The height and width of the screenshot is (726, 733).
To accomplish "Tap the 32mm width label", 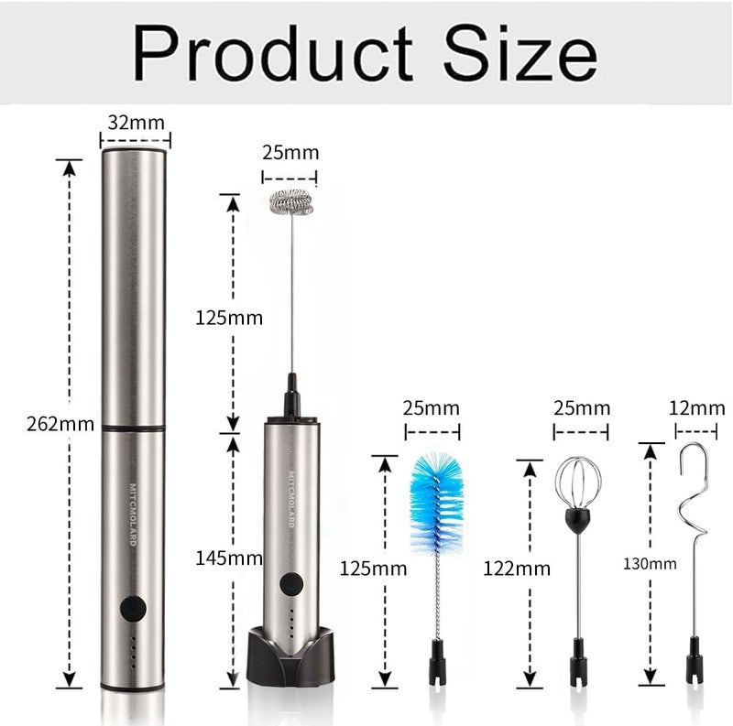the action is pos(136,123).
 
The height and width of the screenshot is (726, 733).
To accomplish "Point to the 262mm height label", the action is pos(60,424).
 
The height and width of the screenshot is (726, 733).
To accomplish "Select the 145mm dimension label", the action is pos(228,558).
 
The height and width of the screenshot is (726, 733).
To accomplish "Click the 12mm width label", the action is pos(696,408).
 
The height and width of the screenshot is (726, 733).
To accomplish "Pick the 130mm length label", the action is pos(650,564).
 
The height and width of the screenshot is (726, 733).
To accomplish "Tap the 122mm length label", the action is pos(517,569).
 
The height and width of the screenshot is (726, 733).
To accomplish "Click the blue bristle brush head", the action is pos(437,504).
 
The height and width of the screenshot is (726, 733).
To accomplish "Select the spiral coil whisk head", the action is pos(290,202).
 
